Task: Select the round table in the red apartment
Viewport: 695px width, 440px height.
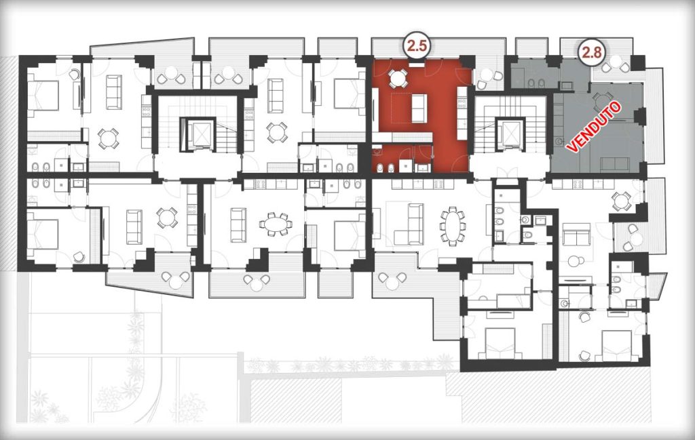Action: pyautogui.click(x=397, y=78)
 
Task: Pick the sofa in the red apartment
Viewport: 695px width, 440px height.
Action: pyautogui.click(x=418, y=108)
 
